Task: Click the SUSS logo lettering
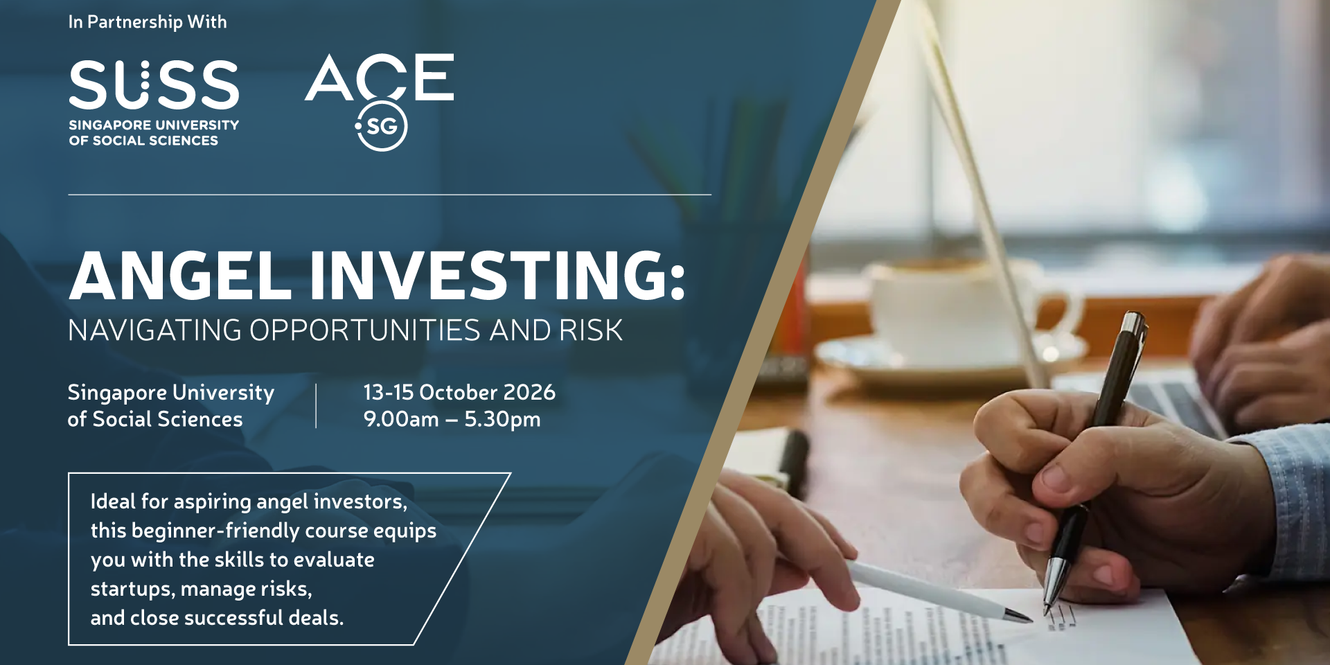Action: pyautogui.click(x=154, y=85)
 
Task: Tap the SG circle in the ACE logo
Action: pyautogui.click(x=382, y=126)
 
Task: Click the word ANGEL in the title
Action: pyautogui.click(x=181, y=276)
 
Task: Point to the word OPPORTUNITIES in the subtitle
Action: pyautogui.click(x=365, y=330)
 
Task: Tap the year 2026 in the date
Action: pyautogui.click(x=529, y=392)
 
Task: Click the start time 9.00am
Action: pyautogui.click(x=401, y=419)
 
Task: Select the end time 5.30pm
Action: pyautogui.click(x=502, y=420)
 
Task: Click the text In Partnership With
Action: pyautogui.click(x=148, y=22)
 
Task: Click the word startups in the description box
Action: pyautogui.click(x=132, y=589)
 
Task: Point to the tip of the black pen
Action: pyautogui.click(x=1048, y=612)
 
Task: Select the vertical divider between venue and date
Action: pyautogui.click(x=316, y=406)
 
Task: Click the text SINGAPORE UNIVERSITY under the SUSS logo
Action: pyautogui.click(x=154, y=125)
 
